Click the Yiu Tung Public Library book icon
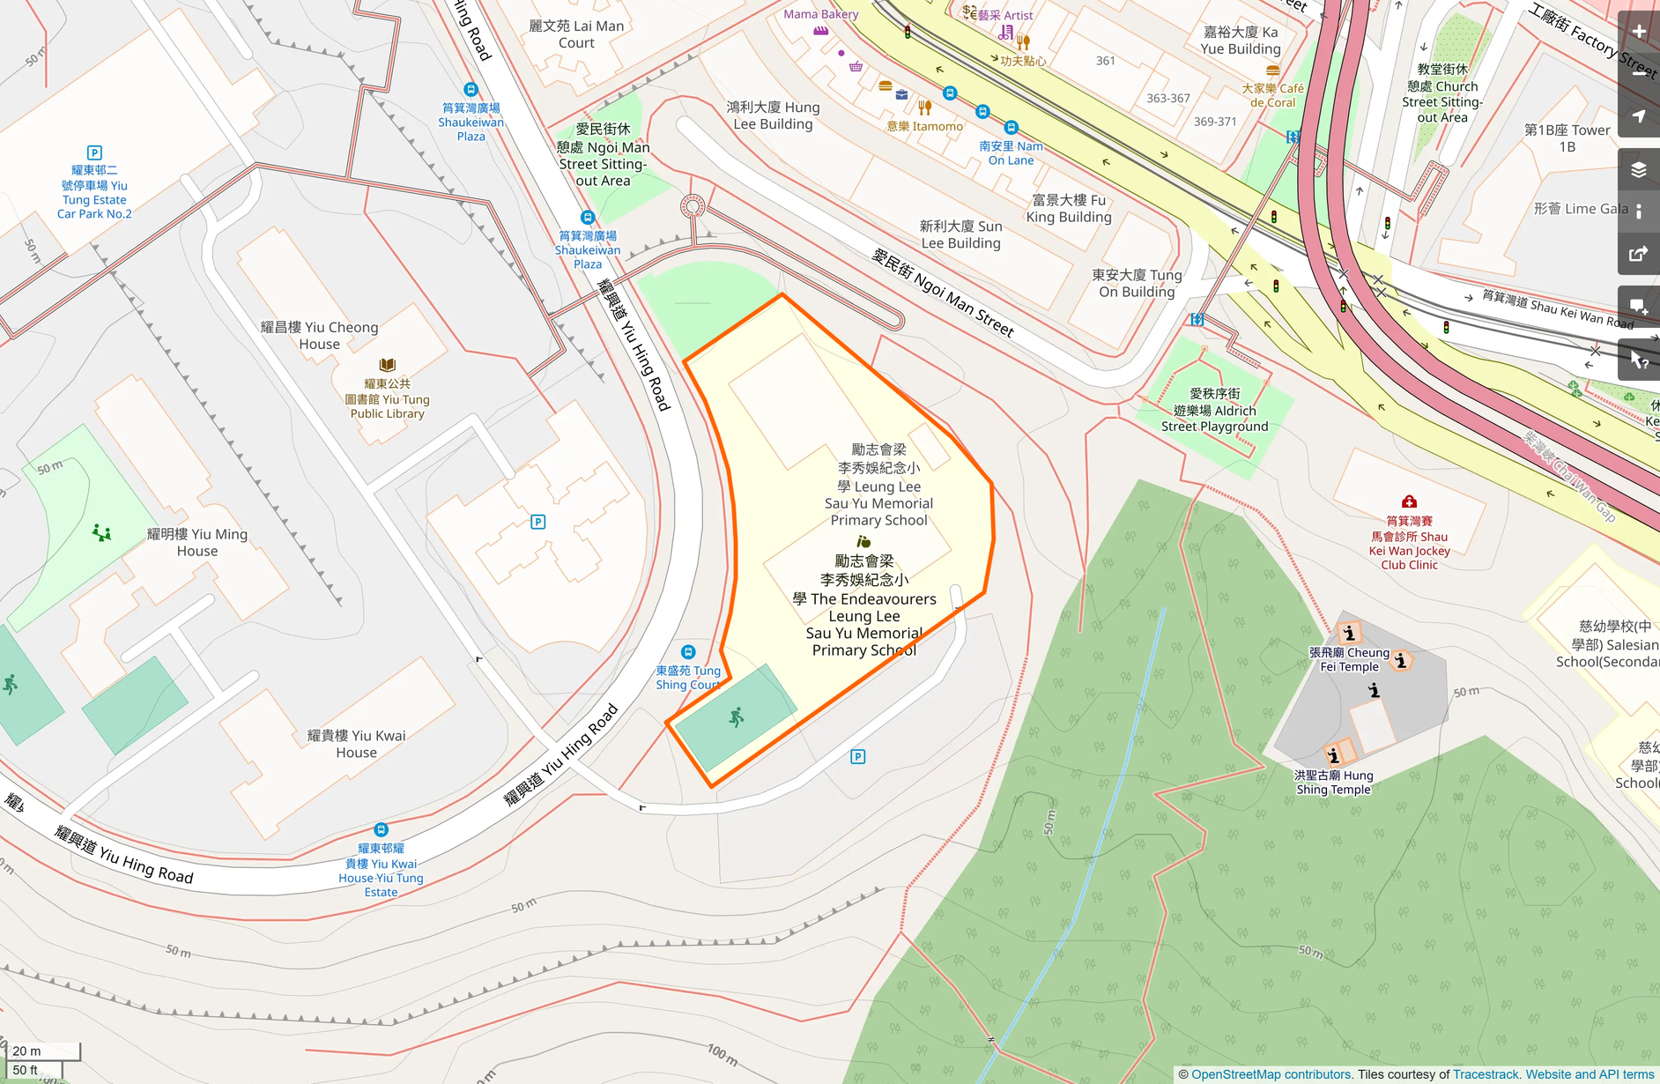387,365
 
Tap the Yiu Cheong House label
319,336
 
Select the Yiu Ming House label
197,542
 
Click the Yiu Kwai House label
356,744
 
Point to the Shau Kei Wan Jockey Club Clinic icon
1409,501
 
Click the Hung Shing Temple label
1333,783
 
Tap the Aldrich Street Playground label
1214,411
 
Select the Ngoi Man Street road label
943,293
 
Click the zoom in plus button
1639,33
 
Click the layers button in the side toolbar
1639,170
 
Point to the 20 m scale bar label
27,1051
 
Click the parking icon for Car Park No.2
94,152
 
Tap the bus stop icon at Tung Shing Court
688,652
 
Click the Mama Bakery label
820,14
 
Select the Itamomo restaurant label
925,126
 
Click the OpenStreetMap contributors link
1271,1074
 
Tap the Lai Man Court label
576,34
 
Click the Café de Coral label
1272,95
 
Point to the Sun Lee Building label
960,234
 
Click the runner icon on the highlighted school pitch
737,717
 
